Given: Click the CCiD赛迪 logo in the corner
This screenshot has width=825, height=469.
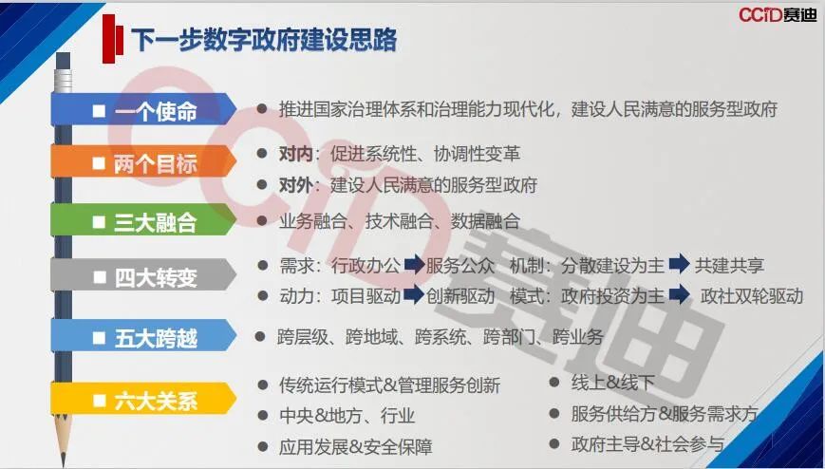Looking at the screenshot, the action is coord(778,15).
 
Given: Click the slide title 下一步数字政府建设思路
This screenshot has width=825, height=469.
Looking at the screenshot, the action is coord(264,39).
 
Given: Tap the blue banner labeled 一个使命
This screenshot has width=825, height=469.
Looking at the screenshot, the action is coord(143,109).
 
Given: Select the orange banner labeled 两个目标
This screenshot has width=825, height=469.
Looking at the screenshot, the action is coord(143,161).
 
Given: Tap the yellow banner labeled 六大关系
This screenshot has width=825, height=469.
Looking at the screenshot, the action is coord(143,399).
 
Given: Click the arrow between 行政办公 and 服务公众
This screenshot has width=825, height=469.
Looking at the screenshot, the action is coord(414,264).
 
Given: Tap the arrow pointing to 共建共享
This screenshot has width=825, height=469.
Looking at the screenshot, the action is coord(679,264).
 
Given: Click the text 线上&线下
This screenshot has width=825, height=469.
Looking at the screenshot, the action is coord(612,383).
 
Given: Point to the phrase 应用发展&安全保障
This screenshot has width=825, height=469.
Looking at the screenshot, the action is coord(355,447).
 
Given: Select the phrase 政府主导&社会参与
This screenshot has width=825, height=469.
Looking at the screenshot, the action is coord(647,444).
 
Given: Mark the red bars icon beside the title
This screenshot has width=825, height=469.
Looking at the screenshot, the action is coord(113,38).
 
